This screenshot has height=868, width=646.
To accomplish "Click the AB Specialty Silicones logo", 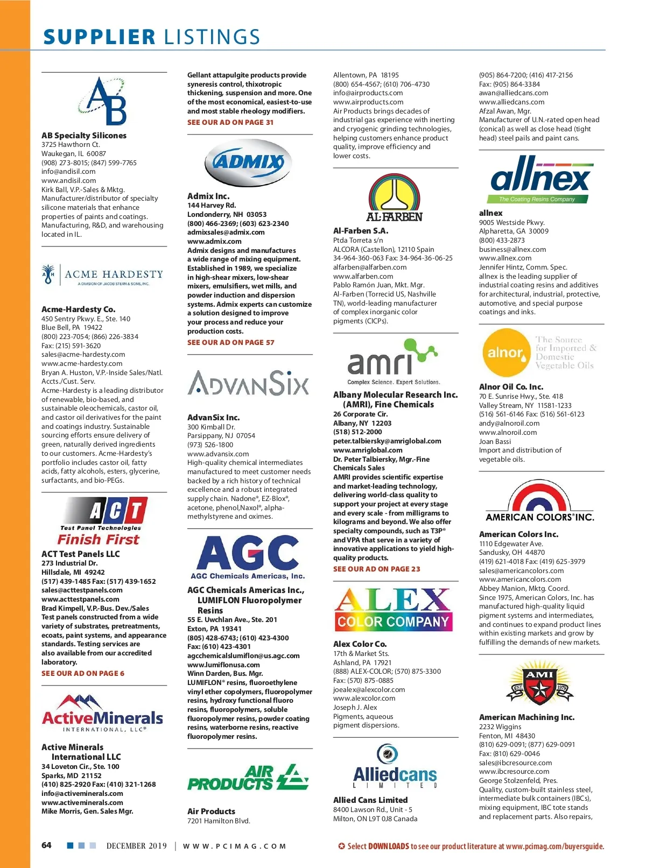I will [x=106, y=101].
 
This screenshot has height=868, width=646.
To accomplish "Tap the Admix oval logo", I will [x=248, y=162].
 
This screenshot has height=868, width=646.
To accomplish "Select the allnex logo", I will [x=540, y=179].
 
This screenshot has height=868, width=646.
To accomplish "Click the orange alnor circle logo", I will [x=505, y=352].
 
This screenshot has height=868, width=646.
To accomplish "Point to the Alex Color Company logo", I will [x=394, y=609].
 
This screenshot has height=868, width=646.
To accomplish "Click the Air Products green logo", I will [x=248, y=778].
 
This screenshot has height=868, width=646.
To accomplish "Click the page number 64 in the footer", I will [x=47, y=845].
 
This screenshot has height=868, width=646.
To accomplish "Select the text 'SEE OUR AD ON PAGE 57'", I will [x=231, y=342].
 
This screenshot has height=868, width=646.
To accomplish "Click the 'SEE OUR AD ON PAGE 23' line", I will [x=377, y=569].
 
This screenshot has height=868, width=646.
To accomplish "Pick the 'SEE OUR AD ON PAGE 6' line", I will [x=83, y=673].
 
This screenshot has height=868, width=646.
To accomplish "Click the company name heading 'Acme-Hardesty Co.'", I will [x=79, y=309].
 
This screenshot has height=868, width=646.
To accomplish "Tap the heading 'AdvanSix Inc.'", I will [x=214, y=418].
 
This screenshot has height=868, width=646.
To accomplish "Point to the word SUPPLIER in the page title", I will [x=100, y=37].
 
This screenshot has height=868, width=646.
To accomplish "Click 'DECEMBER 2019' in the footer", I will [x=137, y=846].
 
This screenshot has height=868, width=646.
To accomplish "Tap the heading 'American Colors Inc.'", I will [x=518, y=534].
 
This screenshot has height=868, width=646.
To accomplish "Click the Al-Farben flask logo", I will [x=394, y=197].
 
